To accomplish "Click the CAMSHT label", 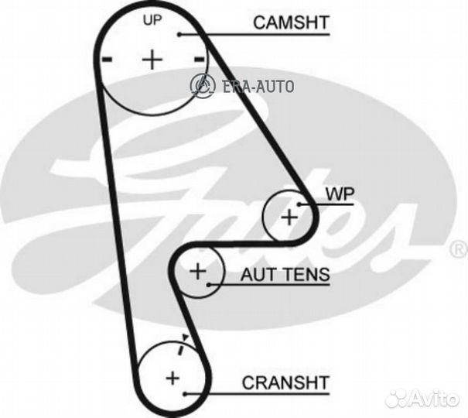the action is (x=291, y=22).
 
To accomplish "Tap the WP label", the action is (x=340, y=194).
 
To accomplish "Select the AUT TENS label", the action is (x=285, y=274).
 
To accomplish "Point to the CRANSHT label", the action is (x=285, y=382).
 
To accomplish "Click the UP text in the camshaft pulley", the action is (x=152, y=20).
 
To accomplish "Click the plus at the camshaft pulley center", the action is (x=152, y=60).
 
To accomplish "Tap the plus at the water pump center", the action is (x=289, y=217).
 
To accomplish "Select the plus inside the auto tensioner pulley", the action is (x=198, y=272).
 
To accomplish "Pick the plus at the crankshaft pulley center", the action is (x=173, y=379).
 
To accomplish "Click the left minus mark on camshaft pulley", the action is (x=108, y=60).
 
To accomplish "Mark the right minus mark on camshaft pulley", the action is (x=199, y=60).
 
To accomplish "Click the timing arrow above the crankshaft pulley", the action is (x=183, y=344).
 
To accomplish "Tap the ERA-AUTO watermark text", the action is (x=258, y=87).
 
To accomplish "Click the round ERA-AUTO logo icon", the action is (x=203, y=85).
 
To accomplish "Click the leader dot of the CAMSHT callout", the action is (x=179, y=35).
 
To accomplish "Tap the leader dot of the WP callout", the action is (x=299, y=204).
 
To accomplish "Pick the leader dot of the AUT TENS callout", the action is (x=210, y=285).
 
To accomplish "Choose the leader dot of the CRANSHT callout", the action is (x=186, y=395).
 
